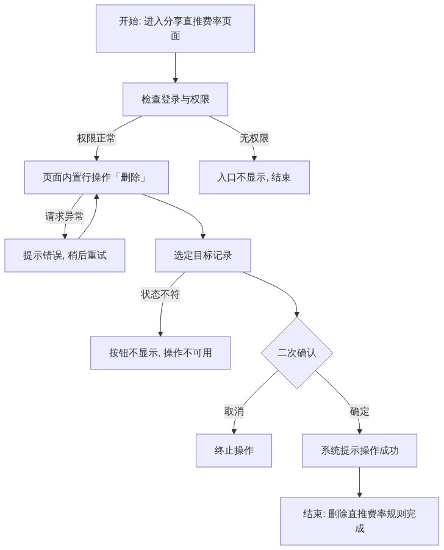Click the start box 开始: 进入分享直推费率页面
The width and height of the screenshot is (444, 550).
[x=175, y=29]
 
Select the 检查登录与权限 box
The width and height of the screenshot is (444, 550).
[x=175, y=99]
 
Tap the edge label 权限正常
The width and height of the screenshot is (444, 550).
[x=96, y=138]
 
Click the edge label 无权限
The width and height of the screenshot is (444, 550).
[x=254, y=138]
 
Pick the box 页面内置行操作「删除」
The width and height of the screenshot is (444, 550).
[x=96, y=177]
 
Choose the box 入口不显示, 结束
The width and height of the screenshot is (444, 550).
[x=254, y=177]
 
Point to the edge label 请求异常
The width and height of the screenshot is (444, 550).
[x=65, y=216]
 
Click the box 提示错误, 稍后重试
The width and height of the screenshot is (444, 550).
[x=65, y=255]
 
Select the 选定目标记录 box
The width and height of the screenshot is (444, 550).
[x=202, y=255]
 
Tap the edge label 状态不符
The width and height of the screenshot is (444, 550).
[x=160, y=295]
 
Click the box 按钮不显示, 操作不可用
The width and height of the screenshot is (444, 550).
[x=160, y=353]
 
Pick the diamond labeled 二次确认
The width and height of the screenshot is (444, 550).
[x=296, y=353]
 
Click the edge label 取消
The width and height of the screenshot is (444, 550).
[x=234, y=411]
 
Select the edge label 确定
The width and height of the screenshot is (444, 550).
[x=359, y=411]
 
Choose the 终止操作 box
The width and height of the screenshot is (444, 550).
[x=234, y=451]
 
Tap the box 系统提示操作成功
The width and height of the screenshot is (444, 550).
[x=359, y=451]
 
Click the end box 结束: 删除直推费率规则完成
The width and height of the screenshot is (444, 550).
[x=359, y=521]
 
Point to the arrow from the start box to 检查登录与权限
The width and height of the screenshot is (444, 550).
[x=176, y=68]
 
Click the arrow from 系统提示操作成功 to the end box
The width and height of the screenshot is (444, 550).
[x=359, y=482]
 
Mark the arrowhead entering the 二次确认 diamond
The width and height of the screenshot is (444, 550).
[x=296, y=314]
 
